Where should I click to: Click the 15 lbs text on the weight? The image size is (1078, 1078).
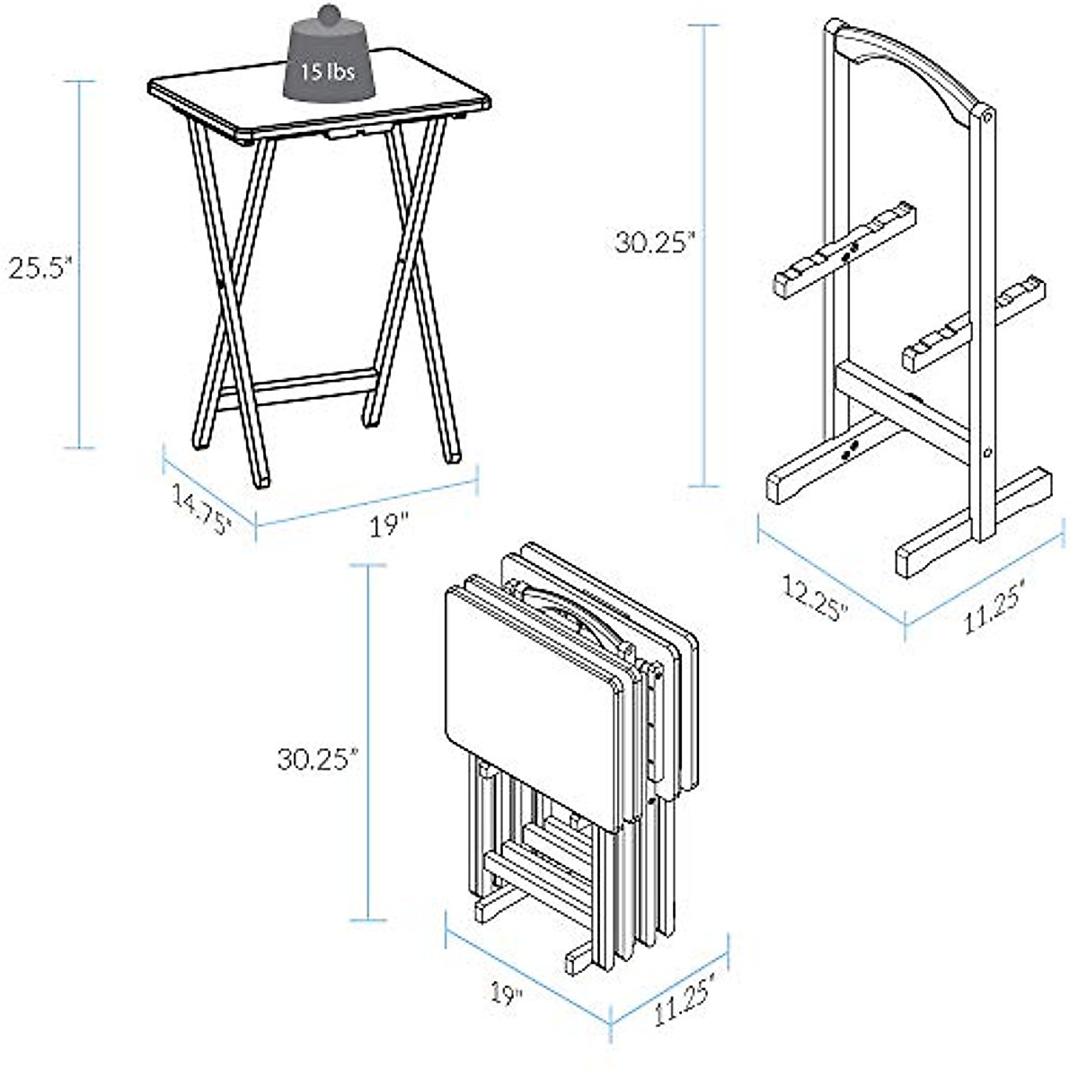(327, 71)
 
